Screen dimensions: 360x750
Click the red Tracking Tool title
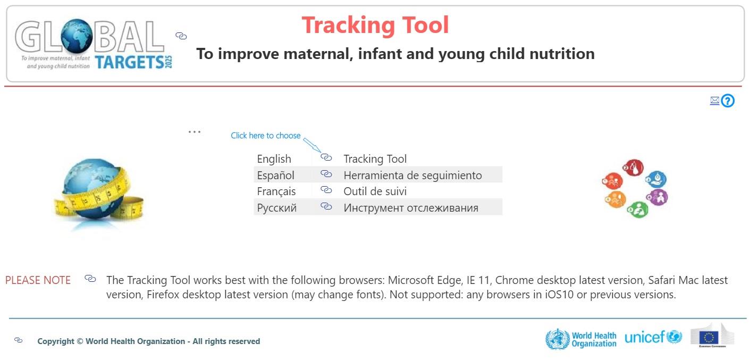[375, 25]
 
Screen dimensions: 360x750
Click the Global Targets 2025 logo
[94, 45]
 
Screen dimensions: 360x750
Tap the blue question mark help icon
[728, 101]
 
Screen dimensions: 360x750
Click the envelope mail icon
[714, 101]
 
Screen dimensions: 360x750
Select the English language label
[274, 159]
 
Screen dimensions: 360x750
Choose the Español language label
[275, 175]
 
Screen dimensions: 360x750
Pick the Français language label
[276, 191]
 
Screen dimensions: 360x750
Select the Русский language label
[276, 208]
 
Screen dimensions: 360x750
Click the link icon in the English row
[326, 158]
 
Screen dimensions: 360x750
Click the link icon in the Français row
[326, 190]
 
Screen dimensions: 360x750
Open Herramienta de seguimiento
[412, 175]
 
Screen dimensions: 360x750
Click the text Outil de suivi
[375, 191]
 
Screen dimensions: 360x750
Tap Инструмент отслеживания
[410, 208]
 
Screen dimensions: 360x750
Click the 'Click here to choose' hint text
[265, 136]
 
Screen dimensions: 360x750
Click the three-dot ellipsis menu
[195, 131]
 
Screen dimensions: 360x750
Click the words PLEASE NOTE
[38, 280]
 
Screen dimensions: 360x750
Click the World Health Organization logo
[581, 339]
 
